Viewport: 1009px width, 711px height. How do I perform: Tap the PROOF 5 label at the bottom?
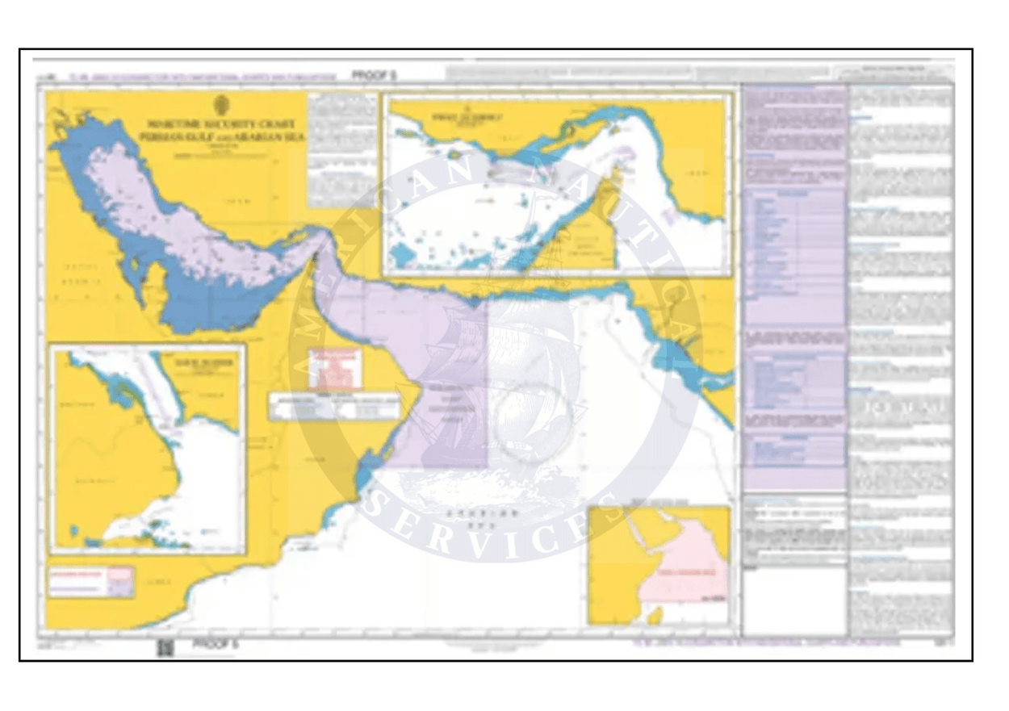click(216, 644)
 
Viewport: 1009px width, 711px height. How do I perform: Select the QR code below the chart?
click(165, 647)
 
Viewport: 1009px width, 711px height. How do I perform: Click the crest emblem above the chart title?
click(221, 105)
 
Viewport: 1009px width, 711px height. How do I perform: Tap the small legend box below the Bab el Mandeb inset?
click(90, 581)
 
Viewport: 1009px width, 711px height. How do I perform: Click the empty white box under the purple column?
click(793, 600)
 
